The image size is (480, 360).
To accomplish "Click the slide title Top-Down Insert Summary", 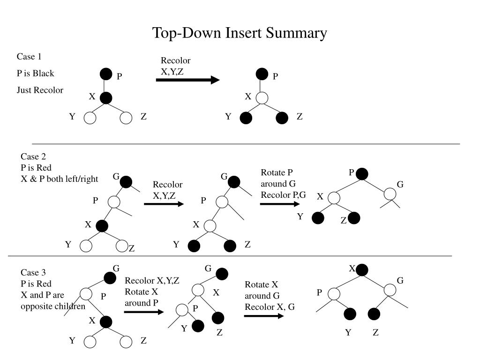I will (240, 33).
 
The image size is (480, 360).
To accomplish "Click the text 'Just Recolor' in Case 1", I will (40, 90).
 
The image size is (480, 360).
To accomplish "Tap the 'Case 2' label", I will (33, 157).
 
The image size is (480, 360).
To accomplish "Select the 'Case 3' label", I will (33, 272).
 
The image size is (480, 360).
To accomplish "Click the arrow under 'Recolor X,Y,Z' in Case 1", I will (187, 80).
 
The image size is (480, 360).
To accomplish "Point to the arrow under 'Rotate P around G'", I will (279, 204).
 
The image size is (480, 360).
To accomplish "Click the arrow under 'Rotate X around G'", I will (264, 316).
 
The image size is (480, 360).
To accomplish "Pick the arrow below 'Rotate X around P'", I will (143, 311).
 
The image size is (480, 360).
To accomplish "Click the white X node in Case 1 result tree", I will (262, 98).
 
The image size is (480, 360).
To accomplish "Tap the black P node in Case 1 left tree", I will (106, 74).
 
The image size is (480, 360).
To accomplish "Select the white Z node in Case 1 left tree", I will (126, 118).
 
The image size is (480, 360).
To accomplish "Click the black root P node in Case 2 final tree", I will (361, 174).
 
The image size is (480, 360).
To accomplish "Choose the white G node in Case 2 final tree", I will (390, 193).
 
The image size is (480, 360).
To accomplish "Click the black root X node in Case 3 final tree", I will (362, 270).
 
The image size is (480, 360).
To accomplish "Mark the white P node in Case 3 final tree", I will (333, 294).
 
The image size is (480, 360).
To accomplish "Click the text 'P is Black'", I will (36, 73).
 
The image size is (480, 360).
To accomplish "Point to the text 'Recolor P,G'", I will (283, 195).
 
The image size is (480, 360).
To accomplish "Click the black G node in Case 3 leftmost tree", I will (110, 277).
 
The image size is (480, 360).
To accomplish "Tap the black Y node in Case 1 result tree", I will (246, 118).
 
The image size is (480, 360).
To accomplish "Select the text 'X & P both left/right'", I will (60, 179).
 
